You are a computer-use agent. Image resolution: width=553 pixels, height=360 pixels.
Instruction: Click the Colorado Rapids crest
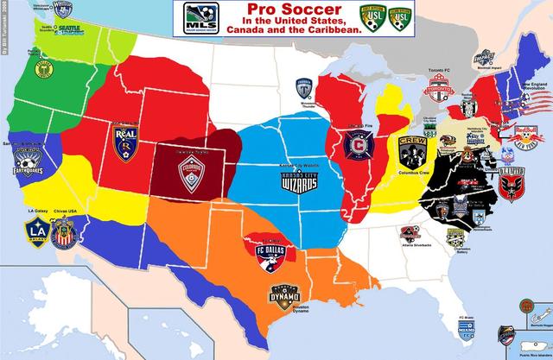pyautogui.click(x=191, y=174)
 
